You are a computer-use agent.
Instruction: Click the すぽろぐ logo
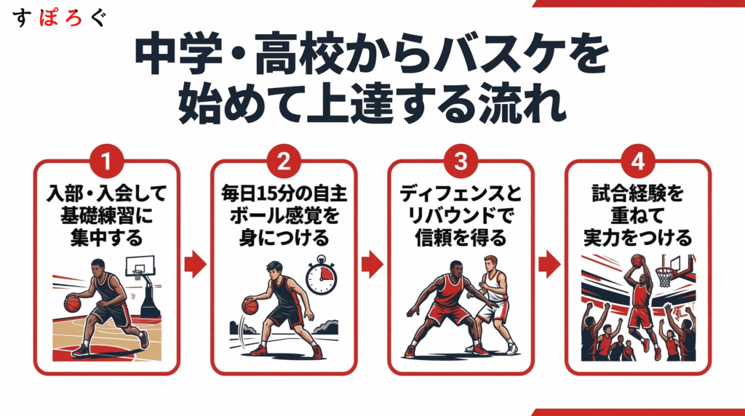coord(60,18)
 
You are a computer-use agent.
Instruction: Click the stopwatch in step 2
coord(321,276)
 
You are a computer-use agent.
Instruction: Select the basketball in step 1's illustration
coord(72,303)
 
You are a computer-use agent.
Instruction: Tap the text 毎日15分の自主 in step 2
coord(284,194)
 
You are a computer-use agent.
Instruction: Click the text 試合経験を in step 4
coord(637,194)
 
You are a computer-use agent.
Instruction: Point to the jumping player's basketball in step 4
coord(637,260)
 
